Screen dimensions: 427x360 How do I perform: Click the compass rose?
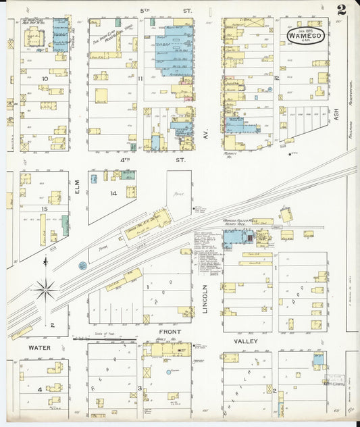[45, 291]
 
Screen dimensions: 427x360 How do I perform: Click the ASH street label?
[335, 116]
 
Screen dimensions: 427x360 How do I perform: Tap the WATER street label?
[40, 347]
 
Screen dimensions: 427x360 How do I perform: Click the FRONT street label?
[170, 332]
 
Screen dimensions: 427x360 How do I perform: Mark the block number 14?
[113, 194]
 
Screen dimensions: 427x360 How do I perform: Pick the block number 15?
[44, 209]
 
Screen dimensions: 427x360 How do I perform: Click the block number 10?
[45, 79]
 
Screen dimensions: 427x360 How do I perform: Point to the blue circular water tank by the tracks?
[82, 266]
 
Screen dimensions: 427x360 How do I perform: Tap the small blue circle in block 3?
[168, 372]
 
